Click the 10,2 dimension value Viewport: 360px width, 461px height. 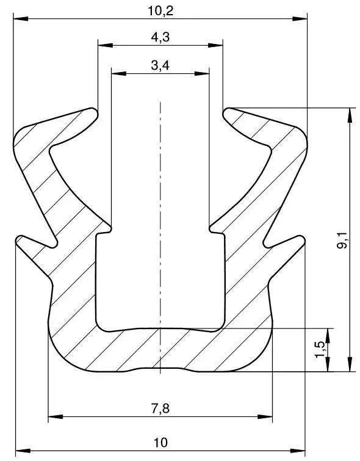point(160,11)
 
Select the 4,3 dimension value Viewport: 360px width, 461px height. point(160,37)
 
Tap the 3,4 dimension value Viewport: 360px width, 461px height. point(160,65)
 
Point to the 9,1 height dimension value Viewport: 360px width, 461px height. point(342,240)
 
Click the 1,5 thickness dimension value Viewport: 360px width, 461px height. point(320,350)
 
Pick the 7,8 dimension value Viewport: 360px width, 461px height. point(160,408)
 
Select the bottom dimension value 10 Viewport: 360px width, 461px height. point(160,442)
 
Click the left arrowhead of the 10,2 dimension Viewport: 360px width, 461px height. point(21,19)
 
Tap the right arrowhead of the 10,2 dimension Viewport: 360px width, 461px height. point(300,19)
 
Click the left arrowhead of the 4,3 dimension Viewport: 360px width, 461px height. point(105,45)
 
